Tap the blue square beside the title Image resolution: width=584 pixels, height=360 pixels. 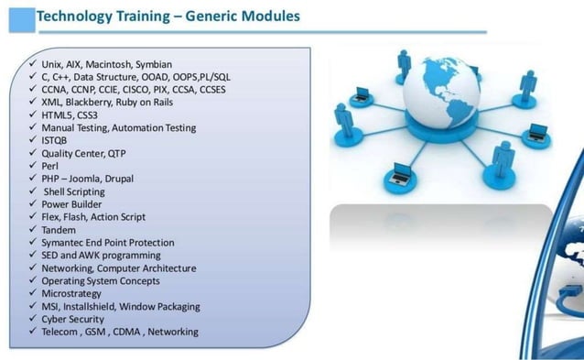click(x=20, y=18)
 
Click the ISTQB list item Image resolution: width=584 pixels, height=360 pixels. click(x=55, y=141)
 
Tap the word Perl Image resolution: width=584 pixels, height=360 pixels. click(x=50, y=167)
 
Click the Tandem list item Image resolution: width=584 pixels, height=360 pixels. click(x=59, y=230)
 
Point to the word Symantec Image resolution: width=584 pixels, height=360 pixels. click(x=66, y=243)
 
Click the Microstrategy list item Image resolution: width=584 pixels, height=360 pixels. click(x=71, y=294)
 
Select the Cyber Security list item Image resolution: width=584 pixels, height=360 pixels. click(x=72, y=319)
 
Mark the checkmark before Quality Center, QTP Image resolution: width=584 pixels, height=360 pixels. click(x=31, y=153)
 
